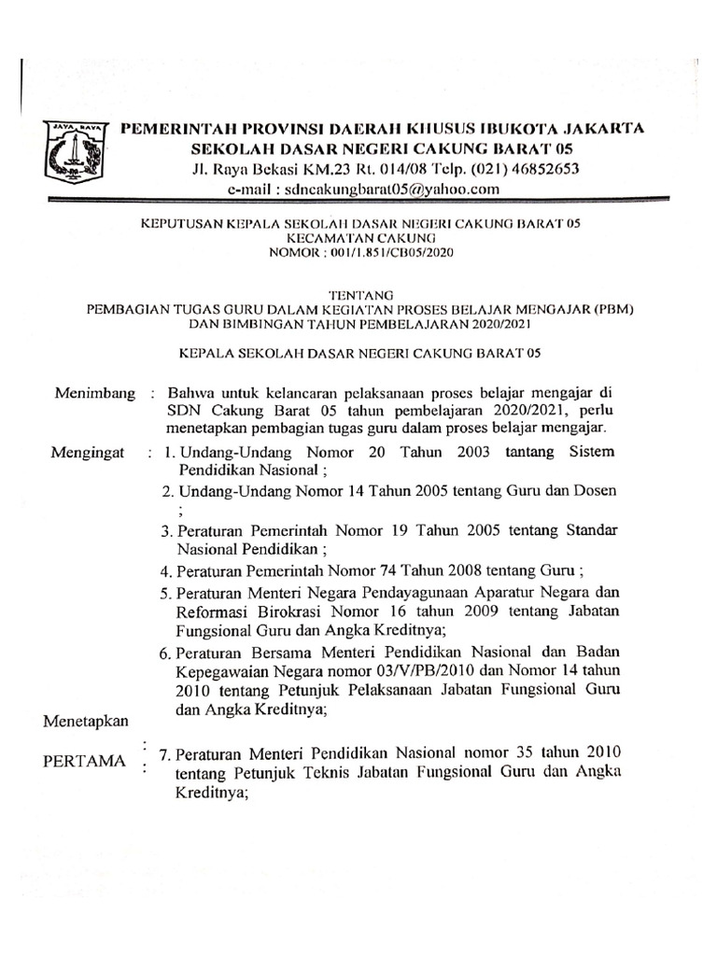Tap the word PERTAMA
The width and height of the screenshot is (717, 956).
click(84, 760)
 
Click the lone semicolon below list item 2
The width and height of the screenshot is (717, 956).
click(180, 511)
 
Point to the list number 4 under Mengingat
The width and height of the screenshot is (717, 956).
click(165, 571)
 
